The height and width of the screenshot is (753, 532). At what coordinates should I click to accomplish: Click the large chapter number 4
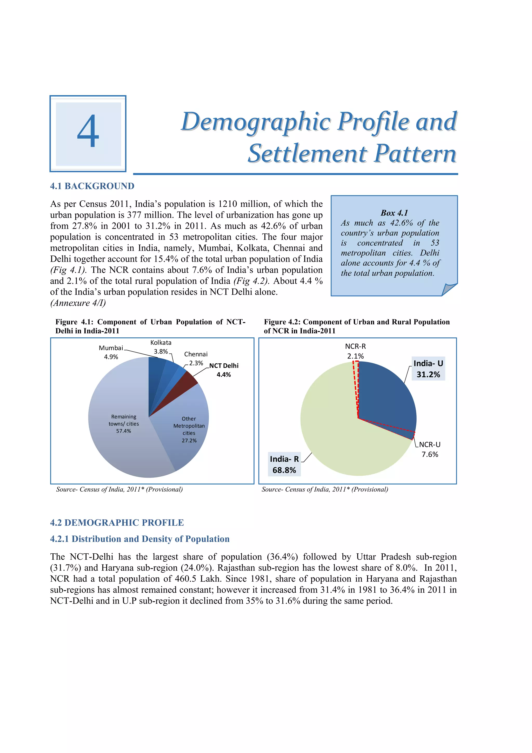click(x=88, y=132)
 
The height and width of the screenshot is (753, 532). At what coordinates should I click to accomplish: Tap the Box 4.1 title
click(x=394, y=213)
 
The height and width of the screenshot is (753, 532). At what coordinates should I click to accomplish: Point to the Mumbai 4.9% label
click(x=111, y=352)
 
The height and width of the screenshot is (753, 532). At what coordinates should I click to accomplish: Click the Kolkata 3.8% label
click(x=161, y=347)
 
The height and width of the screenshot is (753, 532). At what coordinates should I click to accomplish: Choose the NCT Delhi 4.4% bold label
click(x=224, y=370)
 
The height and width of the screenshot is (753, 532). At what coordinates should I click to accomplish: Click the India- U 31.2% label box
click(x=428, y=369)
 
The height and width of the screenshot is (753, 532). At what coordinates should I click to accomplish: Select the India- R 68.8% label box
click(x=284, y=464)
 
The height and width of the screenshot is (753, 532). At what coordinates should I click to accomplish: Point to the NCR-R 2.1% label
click(x=355, y=351)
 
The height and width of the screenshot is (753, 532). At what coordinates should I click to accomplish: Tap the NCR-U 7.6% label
click(x=430, y=449)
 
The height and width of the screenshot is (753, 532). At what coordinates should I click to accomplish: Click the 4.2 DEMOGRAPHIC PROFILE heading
click(x=117, y=522)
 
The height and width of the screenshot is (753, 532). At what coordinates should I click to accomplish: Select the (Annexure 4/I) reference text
click(x=78, y=303)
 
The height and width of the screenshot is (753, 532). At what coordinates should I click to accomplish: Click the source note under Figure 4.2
click(x=324, y=489)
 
